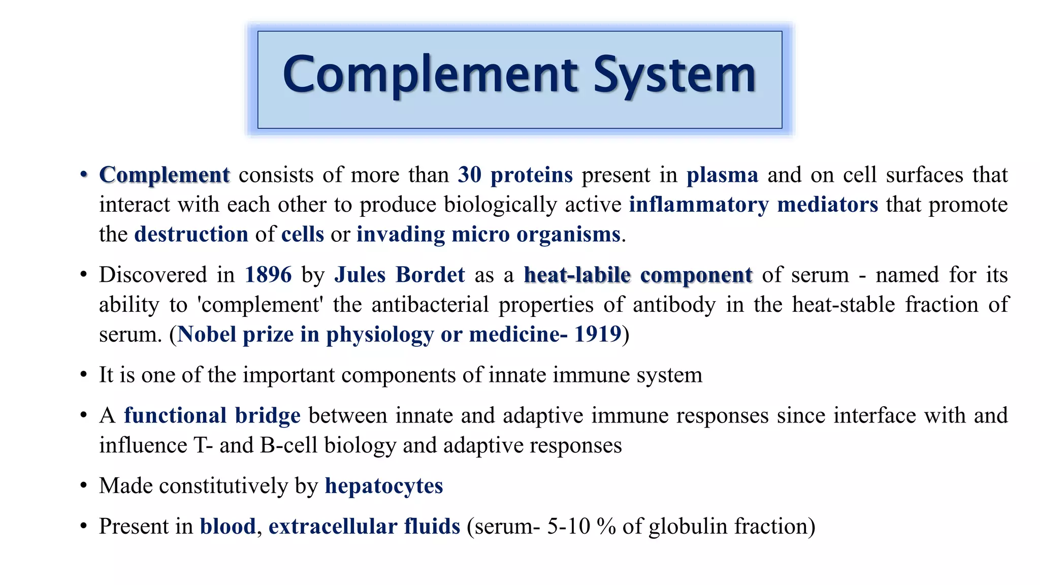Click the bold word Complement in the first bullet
coord(165,175)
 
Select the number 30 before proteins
coord(469,175)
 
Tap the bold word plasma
coord(722,175)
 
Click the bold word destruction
coord(191,235)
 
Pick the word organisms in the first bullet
coord(568,235)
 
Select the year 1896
coord(268,275)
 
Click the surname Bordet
coord(430,275)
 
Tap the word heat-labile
coord(577,275)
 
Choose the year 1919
coord(598,335)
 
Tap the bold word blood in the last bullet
coord(227,527)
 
